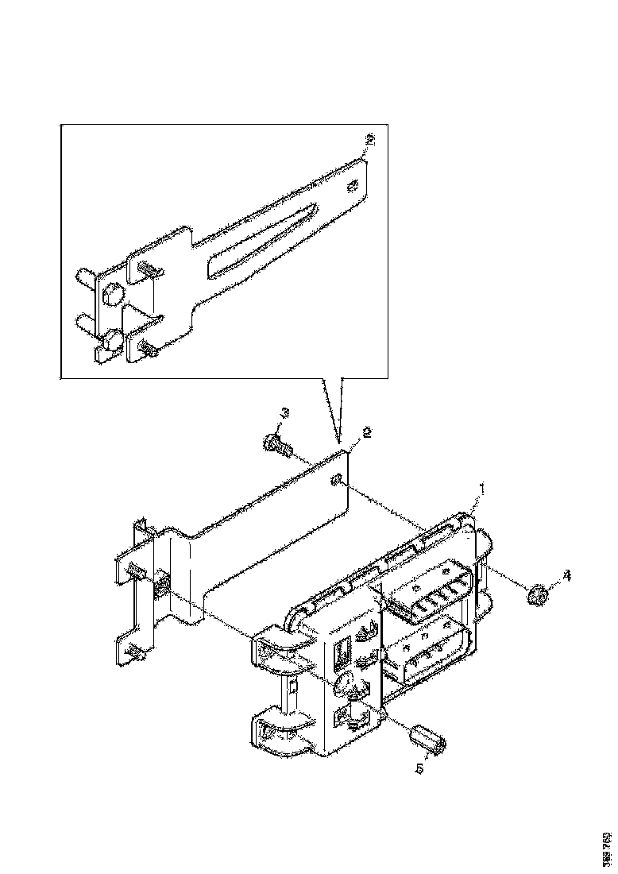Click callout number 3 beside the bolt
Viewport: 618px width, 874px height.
285,413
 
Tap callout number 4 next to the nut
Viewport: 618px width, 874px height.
566,574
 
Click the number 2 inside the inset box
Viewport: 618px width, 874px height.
369,141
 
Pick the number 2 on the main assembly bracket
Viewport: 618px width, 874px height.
366,433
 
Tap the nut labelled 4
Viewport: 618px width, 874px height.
537,593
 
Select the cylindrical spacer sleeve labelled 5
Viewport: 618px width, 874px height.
429,738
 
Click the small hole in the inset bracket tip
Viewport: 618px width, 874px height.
353,188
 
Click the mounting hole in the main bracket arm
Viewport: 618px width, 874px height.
337,478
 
